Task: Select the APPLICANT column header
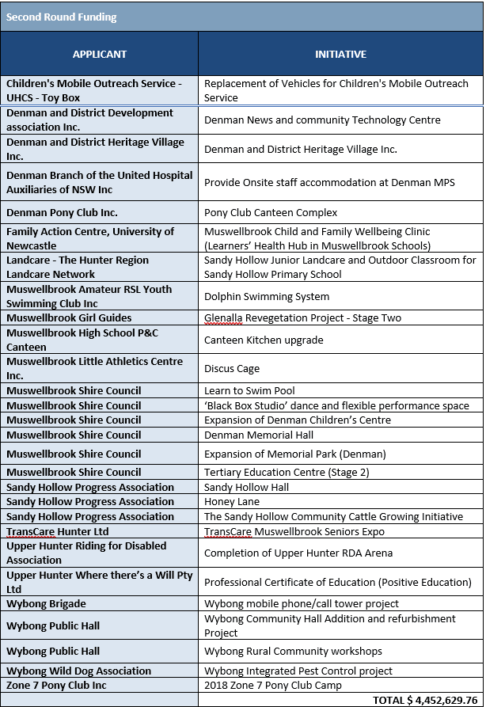(99, 55)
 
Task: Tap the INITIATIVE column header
(340, 55)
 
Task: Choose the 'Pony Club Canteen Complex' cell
(271, 212)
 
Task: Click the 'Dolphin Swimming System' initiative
(267, 297)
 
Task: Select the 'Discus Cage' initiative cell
(232, 368)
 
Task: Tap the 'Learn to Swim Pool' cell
(249, 390)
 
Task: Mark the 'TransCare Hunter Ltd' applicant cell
(58, 531)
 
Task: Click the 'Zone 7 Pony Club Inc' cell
(56, 685)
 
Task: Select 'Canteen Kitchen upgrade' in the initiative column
(264, 340)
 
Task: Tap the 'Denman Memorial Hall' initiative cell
(259, 435)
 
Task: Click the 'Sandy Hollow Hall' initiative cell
(246, 488)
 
